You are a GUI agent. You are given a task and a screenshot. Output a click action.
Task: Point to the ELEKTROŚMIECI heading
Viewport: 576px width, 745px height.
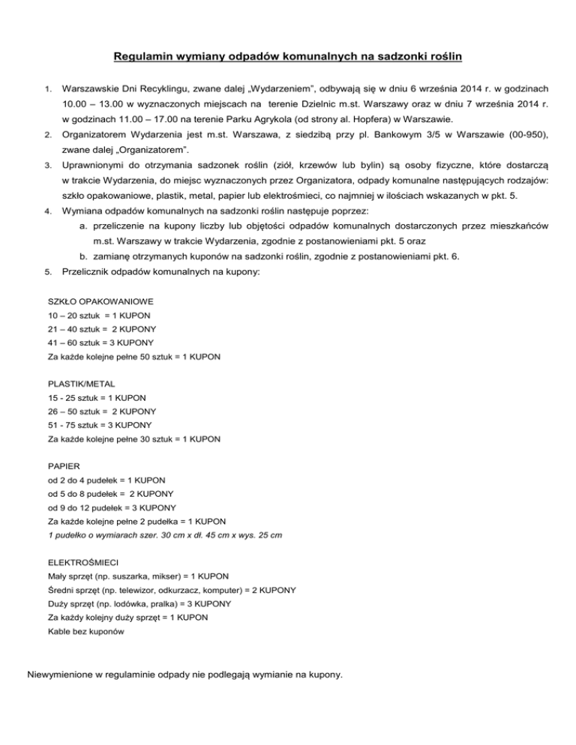click(82, 561)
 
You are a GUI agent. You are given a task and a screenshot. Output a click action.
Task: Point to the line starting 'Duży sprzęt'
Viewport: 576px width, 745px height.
click(139, 603)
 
